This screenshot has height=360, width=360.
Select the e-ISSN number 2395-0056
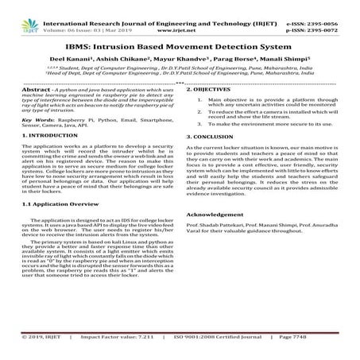334,6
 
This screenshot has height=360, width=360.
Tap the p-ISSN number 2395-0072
334,14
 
